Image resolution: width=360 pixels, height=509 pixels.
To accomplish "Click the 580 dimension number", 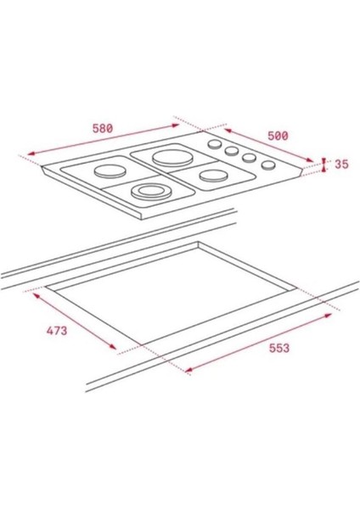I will [102, 128].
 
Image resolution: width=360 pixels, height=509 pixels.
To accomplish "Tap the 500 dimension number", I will [278, 135].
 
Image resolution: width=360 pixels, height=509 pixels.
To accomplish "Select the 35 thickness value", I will [341, 164].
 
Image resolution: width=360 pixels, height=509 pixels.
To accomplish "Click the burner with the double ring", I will [150, 193].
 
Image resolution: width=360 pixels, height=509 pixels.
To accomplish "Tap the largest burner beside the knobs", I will [166, 156].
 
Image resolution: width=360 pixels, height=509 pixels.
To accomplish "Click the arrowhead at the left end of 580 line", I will [29, 155].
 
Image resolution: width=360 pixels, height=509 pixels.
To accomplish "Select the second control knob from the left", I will [231, 151].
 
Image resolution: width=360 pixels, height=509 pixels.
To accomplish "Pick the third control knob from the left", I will [249, 158].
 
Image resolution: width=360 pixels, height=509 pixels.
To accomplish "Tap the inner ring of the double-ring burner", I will [150, 193].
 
